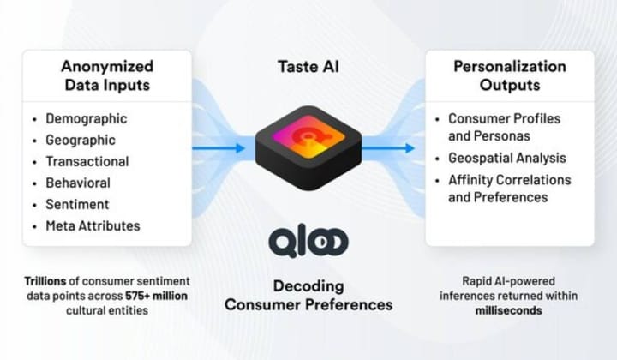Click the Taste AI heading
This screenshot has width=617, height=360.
pyautogui.click(x=308, y=65)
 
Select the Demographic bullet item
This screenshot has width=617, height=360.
pyautogui.click(x=86, y=119)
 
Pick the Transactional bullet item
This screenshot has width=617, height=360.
pyautogui.click(x=87, y=162)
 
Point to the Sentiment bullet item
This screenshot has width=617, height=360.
pyautogui.click(x=77, y=205)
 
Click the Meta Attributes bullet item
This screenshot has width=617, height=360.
pyautogui.click(x=93, y=226)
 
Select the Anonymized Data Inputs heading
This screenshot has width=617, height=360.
pyautogui.click(x=107, y=75)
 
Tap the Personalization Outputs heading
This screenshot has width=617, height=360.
pyautogui.click(x=510, y=75)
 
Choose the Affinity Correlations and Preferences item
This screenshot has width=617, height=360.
pyautogui.click(x=509, y=189)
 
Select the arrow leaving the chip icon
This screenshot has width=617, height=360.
pyautogui.click(x=391, y=148)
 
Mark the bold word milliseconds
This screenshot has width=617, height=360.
pyautogui.click(x=509, y=309)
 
